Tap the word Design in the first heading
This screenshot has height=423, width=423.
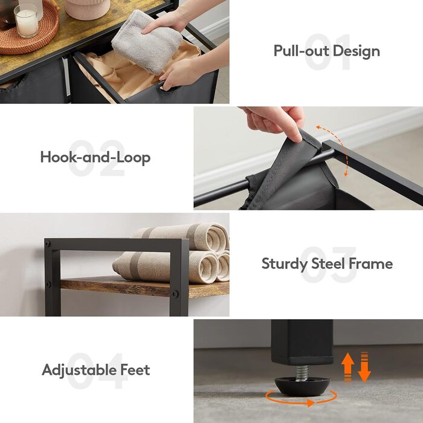click(357, 51)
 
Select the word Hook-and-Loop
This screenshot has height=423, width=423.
click(95, 157)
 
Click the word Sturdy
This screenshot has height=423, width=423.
click(284, 263)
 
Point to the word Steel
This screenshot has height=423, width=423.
click(328, 263)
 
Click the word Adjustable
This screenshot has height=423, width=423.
click(79, 370)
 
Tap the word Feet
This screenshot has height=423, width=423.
click(135, 369)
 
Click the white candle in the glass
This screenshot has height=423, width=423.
click(27, 21)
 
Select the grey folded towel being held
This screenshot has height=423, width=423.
click(146, 41)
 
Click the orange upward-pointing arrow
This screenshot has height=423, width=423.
click(347, 366)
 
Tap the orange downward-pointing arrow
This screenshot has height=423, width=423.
click(364, 367)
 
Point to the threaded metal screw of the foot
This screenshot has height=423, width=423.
click(302, 373)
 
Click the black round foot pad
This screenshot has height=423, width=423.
click(302, 386)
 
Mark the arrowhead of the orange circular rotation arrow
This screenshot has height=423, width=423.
click(311, 403)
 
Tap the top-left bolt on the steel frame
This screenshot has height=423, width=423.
click(48, 244)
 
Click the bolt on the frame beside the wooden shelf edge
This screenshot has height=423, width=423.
click(175, 294)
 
